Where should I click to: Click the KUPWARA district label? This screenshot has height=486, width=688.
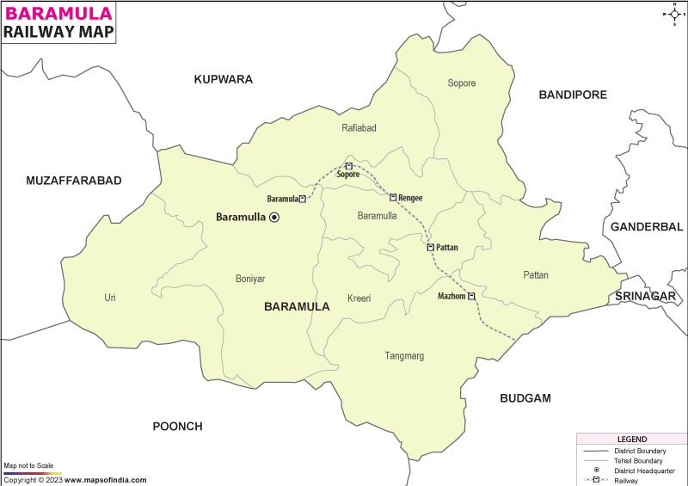point(223,79)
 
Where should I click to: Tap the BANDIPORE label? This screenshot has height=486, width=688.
point(573,95)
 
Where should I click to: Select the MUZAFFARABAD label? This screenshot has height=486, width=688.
point(74,181)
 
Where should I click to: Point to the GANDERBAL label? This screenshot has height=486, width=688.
point(645,227)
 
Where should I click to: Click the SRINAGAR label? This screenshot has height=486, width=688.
point(645,296)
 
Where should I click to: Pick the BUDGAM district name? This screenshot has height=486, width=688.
point(525,398)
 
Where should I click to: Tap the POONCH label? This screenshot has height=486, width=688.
point(177,427)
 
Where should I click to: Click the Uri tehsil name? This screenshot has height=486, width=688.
point(110,298)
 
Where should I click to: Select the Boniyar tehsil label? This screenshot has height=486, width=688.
point(250,279)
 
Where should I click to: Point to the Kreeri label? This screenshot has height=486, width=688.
point(359,298)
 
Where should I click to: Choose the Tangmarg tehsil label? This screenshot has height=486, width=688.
point(403,356)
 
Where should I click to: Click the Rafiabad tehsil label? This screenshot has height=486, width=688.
point(359,128)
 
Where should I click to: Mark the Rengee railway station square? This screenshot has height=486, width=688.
point(393,198)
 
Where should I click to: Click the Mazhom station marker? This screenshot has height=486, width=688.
point(472,296)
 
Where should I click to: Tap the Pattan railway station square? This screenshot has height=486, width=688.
point(431,247)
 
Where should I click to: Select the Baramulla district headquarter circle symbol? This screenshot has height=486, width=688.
point(274,218)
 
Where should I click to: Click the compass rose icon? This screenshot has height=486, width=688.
point(672,14)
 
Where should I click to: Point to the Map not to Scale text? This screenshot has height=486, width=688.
point(30,465)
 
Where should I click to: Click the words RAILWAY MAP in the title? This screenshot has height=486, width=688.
point(57,32)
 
